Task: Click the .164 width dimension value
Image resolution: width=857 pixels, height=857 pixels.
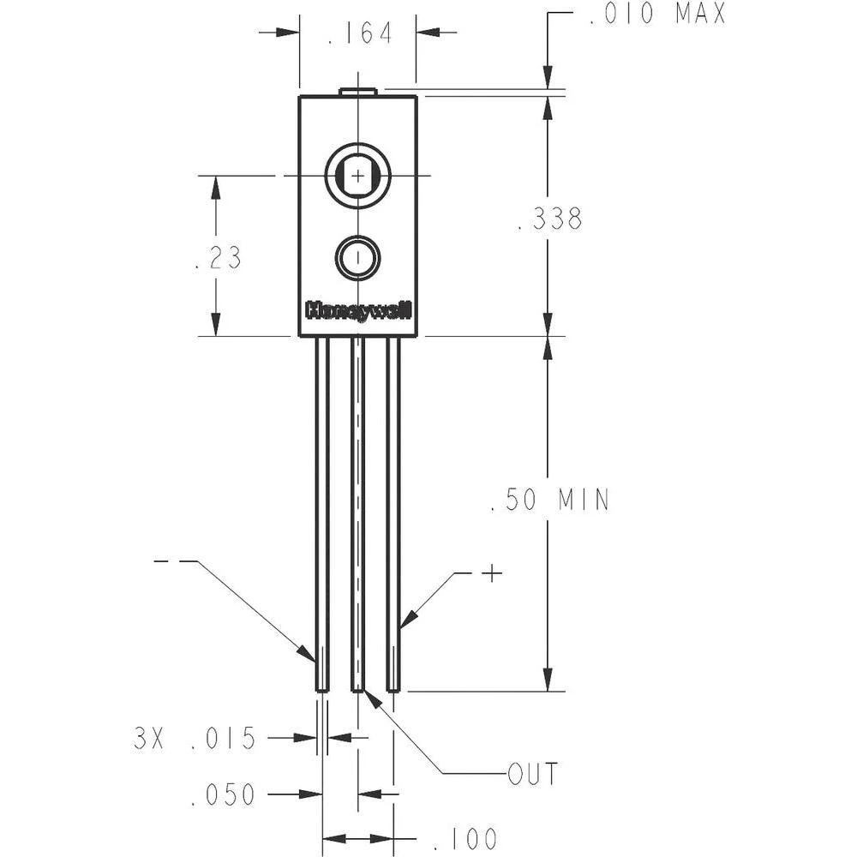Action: coord(359,33)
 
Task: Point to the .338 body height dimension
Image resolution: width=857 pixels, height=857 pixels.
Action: coord(550,219)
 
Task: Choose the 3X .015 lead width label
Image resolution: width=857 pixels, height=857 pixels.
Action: coord(195,738)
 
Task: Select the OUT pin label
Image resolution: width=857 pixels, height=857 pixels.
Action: coord(532,774)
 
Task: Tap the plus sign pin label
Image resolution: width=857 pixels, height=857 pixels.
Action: coord(491,573)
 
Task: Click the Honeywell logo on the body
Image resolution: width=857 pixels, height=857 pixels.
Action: coord(358,311)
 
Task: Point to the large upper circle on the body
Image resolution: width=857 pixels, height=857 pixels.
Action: coord(357,176)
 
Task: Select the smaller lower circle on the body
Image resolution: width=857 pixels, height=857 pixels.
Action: coord(357,257)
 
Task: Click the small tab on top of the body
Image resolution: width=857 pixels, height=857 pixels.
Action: coord(357,91)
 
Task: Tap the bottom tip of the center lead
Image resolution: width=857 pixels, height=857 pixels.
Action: coord(358,687)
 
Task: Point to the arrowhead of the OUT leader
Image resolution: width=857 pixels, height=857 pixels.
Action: coord(371,695)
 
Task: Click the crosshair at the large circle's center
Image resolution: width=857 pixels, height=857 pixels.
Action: coord(357,176)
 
